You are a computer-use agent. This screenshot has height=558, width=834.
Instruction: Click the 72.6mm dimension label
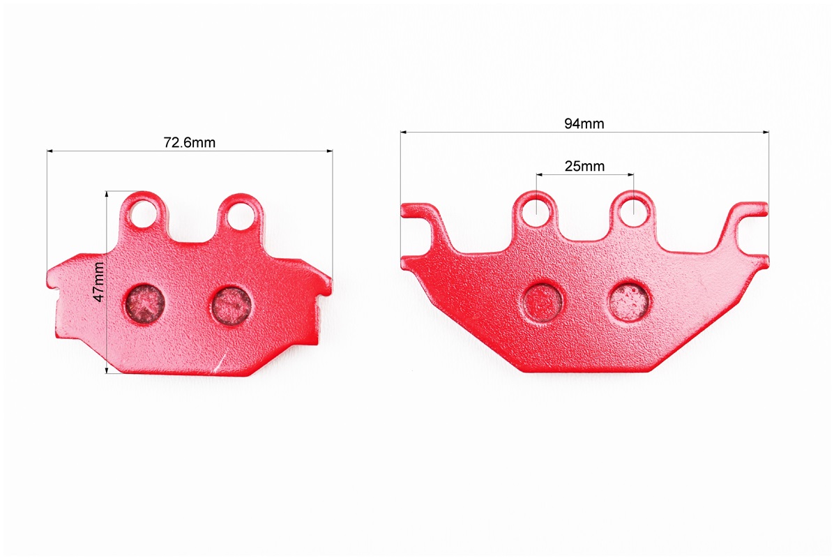(190, 142)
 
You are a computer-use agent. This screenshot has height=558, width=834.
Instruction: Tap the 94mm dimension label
(584, 124)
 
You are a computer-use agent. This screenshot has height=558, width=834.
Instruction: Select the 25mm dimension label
(584, 167)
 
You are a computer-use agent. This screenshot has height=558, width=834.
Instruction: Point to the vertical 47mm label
(99, 282)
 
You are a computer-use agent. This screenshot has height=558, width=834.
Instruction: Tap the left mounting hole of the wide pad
(536, 212)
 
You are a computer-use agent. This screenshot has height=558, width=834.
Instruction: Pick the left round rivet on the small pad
(144, 303)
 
